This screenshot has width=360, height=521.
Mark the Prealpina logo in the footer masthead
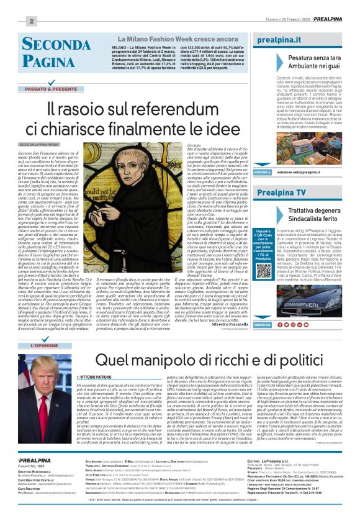coord(35,460)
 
